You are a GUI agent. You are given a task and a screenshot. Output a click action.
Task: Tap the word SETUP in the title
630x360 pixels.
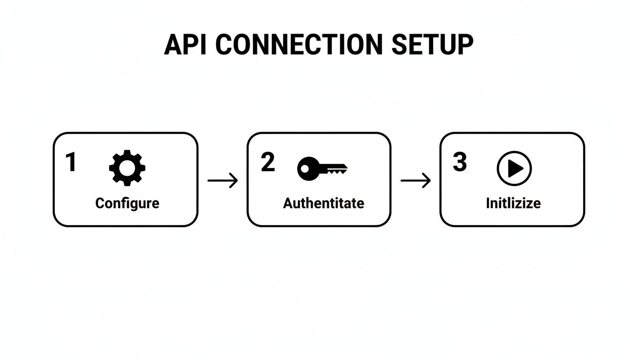432,45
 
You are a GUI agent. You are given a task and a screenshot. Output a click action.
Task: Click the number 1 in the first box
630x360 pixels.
71,163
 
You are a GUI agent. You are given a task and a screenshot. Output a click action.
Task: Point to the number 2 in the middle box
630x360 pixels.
267,162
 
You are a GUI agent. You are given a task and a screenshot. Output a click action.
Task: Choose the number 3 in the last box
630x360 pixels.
460,162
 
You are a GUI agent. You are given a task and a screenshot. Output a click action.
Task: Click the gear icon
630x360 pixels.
127,168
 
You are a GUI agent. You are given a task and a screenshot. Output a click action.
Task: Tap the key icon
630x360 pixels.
322,169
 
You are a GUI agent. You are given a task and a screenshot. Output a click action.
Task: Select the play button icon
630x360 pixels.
514,168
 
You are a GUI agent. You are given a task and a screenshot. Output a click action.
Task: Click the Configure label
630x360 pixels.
127,203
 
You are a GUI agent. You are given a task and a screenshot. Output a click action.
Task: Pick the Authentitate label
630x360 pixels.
323,203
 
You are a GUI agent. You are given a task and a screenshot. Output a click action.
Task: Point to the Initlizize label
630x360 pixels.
513,203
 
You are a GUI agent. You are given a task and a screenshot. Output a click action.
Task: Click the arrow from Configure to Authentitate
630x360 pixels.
223,180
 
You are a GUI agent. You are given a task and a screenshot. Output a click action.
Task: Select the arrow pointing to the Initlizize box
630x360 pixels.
415,180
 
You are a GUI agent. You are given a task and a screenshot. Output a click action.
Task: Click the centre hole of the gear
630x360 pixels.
127,168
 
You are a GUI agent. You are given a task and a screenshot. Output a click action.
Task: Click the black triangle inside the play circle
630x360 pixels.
515,168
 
